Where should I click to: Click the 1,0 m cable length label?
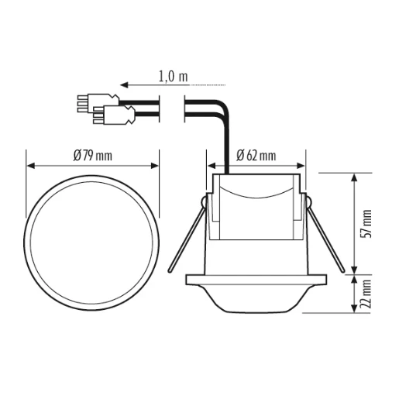pyautogui.click(x=173, y=77)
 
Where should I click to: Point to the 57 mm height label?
pyautogui.click(x=366, y=222)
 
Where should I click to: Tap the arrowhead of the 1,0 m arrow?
pyautogui.click(x=122, y=84)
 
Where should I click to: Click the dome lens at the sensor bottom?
pyautogui.click(x=256, y=298)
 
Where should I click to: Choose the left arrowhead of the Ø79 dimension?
pyautogui.click(x=29, y=165)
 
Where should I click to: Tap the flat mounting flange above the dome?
pyautogui.click(x=256, y=277)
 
